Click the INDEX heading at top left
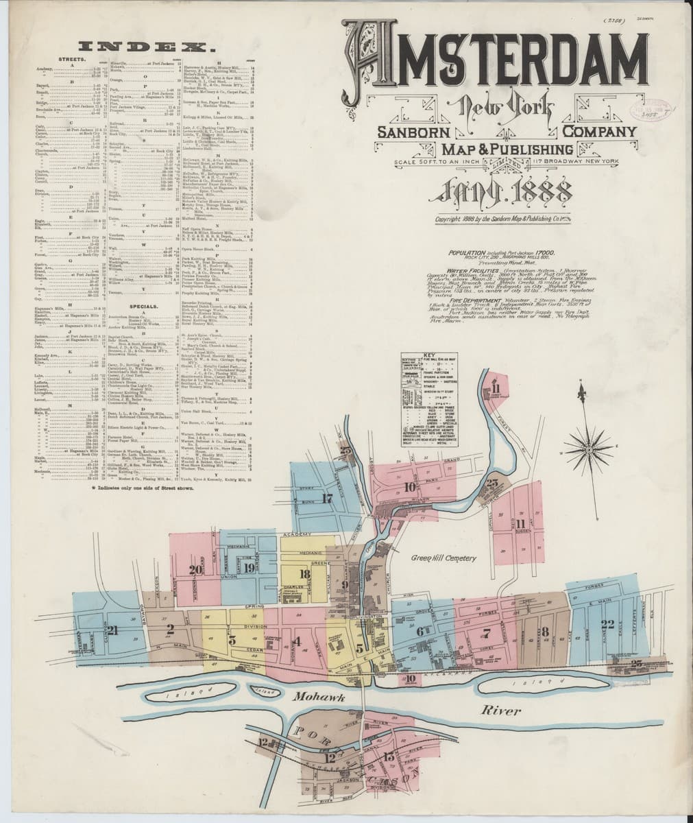click(x=145, y=47)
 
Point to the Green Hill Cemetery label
click(x=443, y=558)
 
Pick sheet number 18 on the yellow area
click(x=304, y=575)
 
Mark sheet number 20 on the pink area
click(x=195, y=569)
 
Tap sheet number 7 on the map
click(x=487, y=632)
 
